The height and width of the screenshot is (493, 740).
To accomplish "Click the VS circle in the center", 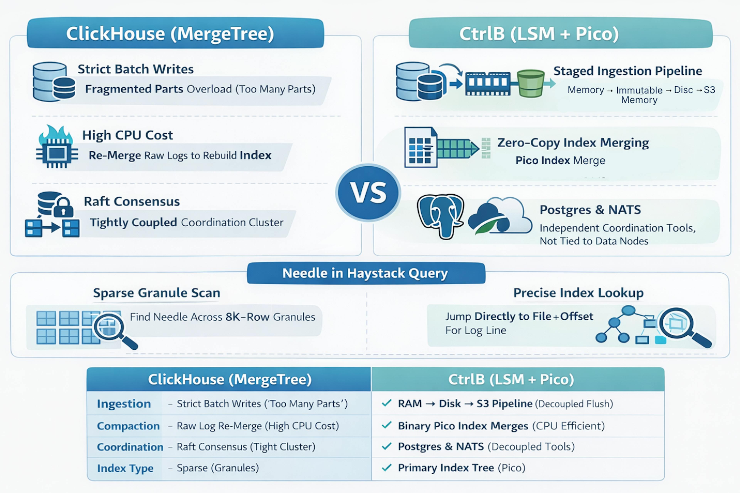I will [368, 192].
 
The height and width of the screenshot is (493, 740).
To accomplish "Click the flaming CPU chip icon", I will [57, 148].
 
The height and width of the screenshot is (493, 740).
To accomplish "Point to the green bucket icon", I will [531, 83].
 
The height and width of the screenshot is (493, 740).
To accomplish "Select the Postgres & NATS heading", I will [590, 210].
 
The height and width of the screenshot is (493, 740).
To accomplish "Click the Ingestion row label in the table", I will [124, 404].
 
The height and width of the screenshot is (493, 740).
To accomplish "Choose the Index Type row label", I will [125, 468].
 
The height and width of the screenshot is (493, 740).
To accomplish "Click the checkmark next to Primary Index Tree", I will [387, 468].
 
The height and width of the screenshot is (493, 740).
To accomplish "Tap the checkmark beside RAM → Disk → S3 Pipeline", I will [387, 403].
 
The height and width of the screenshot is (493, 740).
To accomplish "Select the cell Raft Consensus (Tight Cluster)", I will [246, 447].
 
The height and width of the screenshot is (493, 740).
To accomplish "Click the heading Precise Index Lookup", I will [578, 293].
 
